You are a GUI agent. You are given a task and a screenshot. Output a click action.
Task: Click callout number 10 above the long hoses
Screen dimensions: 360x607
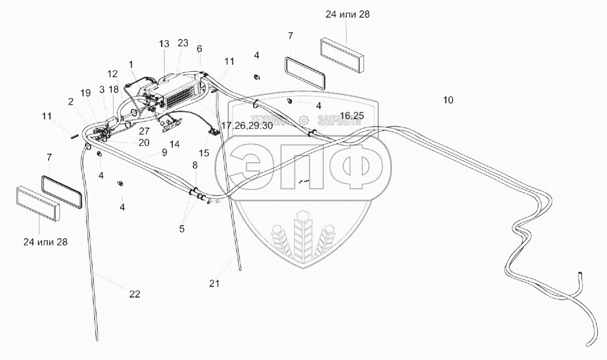(x=449, y=100)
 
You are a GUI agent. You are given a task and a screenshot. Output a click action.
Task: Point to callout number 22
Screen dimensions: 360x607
(x=134, y=294)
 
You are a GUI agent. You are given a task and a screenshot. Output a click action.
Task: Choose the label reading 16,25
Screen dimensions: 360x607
(x=351, y=115)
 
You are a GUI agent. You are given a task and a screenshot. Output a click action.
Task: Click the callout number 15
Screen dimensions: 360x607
(x=204, y=153)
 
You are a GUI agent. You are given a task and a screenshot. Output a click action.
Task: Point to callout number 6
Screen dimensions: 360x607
(x=200, y=49)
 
